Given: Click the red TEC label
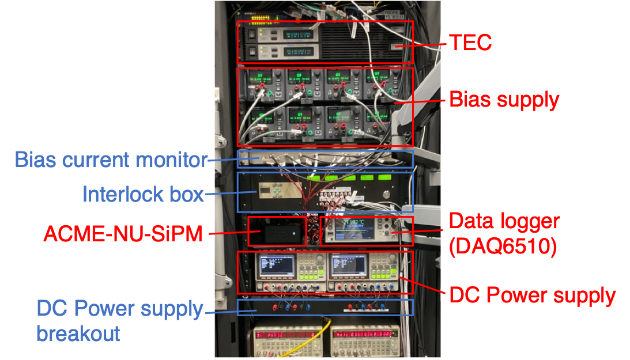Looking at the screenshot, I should [470, 42].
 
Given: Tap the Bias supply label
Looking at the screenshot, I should [504, 100].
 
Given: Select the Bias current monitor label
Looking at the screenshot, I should [110, 159].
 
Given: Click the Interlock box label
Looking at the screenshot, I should [143, 194].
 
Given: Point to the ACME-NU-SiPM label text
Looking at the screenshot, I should [123, 233].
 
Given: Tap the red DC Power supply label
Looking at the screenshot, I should [532, 295].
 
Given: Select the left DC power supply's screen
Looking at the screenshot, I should [277, 266].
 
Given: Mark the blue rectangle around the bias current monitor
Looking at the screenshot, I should [325, 150].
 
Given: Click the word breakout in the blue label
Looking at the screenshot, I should [78, 333].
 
